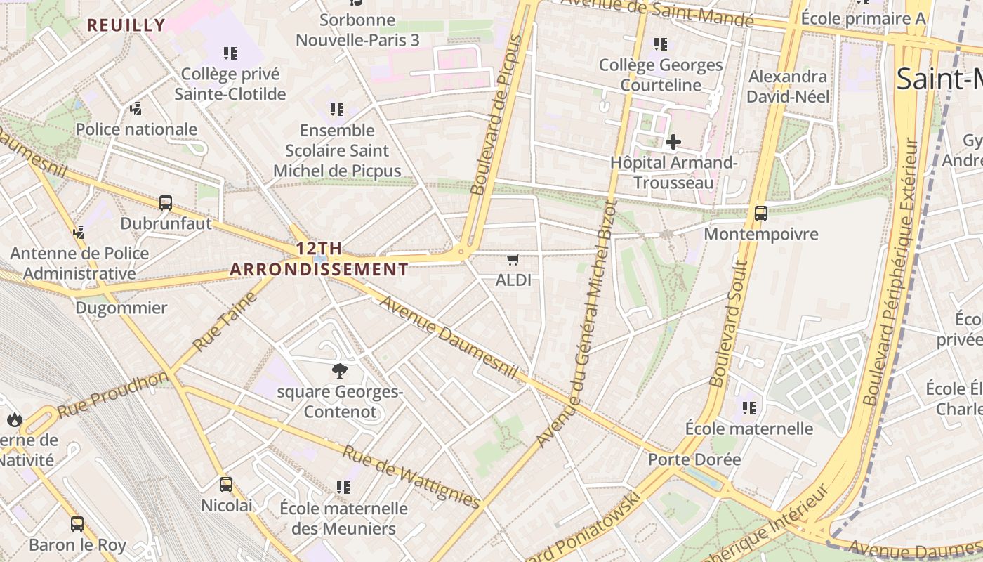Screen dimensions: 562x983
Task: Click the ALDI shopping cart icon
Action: click(513, 260)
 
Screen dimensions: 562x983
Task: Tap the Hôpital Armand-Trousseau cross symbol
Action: click(673, 142)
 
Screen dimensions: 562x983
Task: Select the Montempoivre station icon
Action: click(760, 214)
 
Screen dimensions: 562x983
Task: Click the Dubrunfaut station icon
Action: click(166, 203)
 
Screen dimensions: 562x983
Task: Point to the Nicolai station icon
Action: click(226, 484)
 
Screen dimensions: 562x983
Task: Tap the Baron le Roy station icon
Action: click(77, 524)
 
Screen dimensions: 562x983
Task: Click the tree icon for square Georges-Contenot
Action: click(340, 371)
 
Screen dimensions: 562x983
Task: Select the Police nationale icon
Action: click(136, 109)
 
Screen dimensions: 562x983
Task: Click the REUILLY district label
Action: click(126, 25)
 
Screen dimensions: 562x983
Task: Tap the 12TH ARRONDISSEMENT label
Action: click(319, 259)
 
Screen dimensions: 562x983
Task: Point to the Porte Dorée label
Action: click(694, 459)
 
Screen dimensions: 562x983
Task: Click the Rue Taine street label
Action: click(225, 322)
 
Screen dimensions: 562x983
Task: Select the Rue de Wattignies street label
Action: click(411, 476)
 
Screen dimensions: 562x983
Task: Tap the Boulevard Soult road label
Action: click(728, 324)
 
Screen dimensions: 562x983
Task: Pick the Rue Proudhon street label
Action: click(112, 396)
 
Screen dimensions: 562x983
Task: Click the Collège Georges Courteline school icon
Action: click(660, 44)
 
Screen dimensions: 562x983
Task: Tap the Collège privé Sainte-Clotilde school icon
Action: click(230, 53)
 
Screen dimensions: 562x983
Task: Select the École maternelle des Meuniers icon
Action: click(343, 487)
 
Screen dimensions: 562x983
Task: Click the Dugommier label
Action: click(121, 308)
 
